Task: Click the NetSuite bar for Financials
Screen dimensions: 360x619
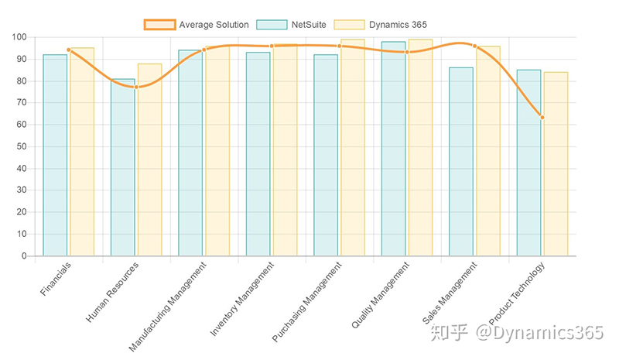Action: point(55,155)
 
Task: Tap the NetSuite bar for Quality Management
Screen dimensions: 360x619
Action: point(393,149)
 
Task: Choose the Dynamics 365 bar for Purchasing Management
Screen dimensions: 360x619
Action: point(353,147)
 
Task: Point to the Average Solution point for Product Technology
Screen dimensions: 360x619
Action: point(542,118)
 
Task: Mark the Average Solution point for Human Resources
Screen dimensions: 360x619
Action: point(136,87)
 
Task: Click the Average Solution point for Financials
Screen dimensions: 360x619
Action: point(69,50)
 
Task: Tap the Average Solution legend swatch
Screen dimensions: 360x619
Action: point(159,25)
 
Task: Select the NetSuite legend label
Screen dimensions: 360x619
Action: point(309,25)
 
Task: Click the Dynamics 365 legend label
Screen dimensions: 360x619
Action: point(396,25)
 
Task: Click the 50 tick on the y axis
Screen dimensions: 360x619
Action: point(22,146)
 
